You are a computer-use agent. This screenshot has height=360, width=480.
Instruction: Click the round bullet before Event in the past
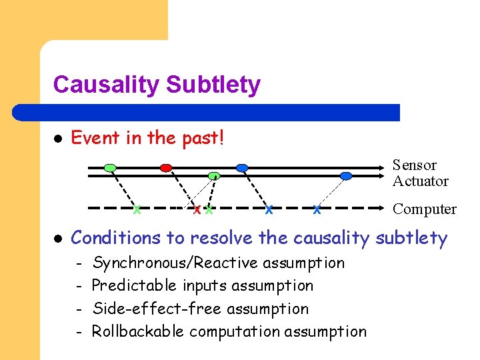[58, 139]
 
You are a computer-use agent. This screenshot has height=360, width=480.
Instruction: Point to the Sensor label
[414, 165]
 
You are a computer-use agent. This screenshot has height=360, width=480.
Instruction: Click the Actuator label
[420, 181]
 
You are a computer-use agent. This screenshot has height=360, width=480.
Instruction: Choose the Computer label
[424, 209]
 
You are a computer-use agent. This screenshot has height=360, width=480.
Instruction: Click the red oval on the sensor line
[166, 167]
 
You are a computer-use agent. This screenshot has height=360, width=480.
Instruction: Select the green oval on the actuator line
[214, 176]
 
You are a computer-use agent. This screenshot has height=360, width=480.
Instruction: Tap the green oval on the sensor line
[110, 167]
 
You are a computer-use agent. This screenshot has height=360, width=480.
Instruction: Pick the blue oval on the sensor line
[242, 167]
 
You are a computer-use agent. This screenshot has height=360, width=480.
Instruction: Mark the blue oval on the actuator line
[345, 176]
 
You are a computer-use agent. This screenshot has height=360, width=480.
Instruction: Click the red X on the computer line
[197, 210]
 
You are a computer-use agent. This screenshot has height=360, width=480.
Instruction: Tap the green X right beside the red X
[209, 210]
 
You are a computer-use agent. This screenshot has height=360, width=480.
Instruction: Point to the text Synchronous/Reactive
[175, 263]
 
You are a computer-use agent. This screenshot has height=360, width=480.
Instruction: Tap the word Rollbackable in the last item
[137, 331]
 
